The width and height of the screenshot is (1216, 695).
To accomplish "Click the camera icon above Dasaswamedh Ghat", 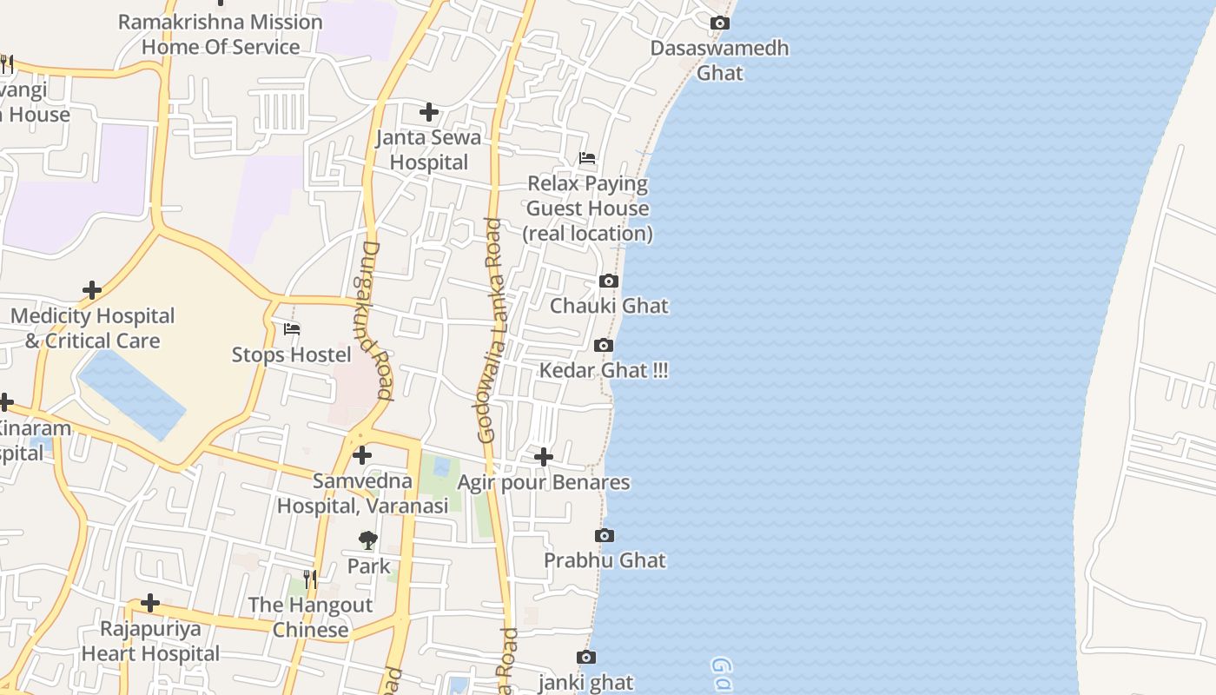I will (720, 23).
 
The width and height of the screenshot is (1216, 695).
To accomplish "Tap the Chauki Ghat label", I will (609, 306).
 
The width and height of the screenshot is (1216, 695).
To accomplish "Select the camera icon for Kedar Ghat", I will (604, 346).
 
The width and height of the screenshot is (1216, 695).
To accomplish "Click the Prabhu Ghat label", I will (605, 560).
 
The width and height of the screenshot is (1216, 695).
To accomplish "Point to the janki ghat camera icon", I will (586, 658).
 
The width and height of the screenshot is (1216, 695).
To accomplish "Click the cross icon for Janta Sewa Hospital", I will (429, 112).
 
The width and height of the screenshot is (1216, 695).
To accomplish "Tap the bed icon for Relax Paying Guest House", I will (587, 158).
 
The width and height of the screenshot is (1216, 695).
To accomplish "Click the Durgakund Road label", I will (377, 320).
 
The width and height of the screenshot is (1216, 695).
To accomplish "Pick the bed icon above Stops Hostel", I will (292, 329).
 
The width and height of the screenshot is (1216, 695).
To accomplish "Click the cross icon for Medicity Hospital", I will (92, 290).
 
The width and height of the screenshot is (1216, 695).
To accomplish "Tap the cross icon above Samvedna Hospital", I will (362, 455).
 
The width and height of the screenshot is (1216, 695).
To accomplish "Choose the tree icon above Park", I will (368, 540).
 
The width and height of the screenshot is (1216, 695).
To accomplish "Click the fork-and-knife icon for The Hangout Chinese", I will (310, 579).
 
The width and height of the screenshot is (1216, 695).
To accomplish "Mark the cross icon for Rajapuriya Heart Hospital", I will (150, 603).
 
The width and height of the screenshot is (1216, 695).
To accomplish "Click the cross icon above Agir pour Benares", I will (544, 457).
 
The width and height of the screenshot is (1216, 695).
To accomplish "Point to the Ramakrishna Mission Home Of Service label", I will (220, 34).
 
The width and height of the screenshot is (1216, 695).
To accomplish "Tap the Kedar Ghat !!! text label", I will (604, 371).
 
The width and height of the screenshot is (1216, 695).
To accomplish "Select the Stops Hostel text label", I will (291, 354).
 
